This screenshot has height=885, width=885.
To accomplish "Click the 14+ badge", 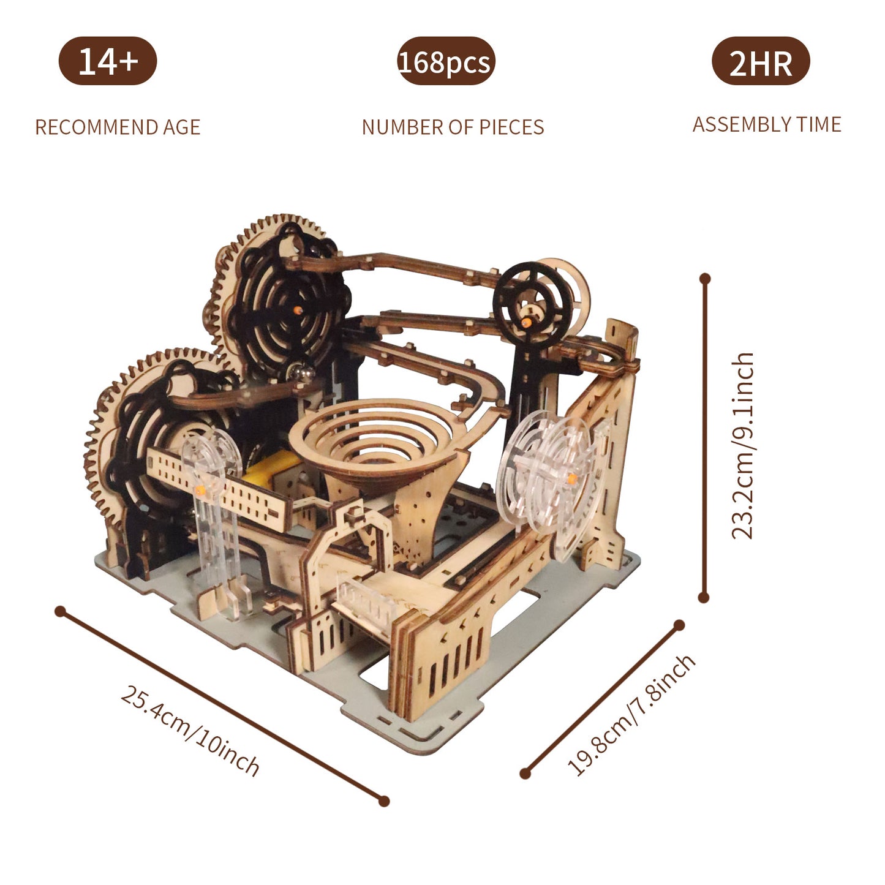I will pos(108,61).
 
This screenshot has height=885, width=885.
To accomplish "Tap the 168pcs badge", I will pos(445,62).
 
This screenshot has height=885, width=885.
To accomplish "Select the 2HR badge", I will pos(761,62).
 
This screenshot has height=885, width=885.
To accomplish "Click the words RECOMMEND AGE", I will pos(118,127).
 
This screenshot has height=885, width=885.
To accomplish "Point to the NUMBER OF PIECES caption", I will pos(453,127).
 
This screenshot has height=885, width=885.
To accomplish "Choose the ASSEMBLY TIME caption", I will pos(767,124).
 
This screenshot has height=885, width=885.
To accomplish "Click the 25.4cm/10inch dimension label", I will pos(190,731).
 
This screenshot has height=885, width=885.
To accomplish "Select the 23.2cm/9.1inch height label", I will pos(743,445).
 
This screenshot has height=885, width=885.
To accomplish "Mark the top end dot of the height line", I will pos(705,279).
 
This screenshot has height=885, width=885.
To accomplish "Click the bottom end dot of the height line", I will pos(704,597).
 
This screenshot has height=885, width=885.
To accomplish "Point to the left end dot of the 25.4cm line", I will pos(60,611).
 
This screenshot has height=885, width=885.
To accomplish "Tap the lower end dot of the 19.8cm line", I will pos(525,774).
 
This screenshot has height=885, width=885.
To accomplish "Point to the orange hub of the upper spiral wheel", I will pos(298,310).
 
